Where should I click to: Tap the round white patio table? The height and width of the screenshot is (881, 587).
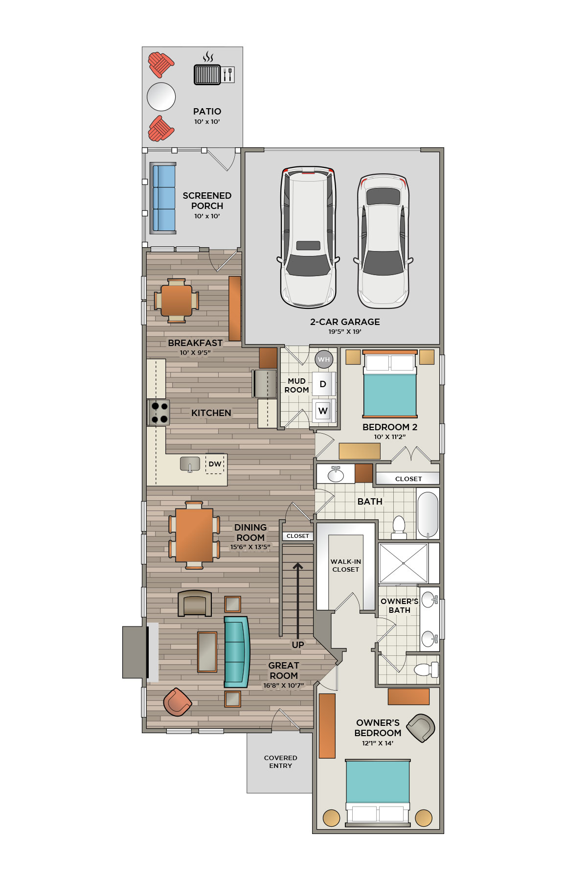(161, 96)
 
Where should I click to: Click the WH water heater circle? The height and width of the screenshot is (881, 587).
(324, 359)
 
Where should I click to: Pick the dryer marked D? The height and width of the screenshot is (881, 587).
(323, 384)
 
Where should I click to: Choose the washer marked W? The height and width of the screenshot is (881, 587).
(323, 411)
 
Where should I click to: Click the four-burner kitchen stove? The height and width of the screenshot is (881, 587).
(159, 412)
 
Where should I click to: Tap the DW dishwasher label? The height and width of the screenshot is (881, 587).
(215, 464)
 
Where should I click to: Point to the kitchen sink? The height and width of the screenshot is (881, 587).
(190, 464)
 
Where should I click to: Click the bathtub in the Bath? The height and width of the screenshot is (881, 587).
(428, 515)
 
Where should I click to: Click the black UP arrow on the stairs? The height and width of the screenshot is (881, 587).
(298, 600)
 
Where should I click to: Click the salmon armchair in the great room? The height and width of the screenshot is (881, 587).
(177, 702)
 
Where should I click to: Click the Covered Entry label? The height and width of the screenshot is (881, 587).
(281, 762)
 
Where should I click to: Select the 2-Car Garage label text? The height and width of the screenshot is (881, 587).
(345, 322)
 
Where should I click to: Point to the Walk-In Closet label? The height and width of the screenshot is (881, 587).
(346, 565)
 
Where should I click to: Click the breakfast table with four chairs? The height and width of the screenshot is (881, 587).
(177, 301)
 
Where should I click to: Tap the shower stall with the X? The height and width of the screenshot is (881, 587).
(403, 563)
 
